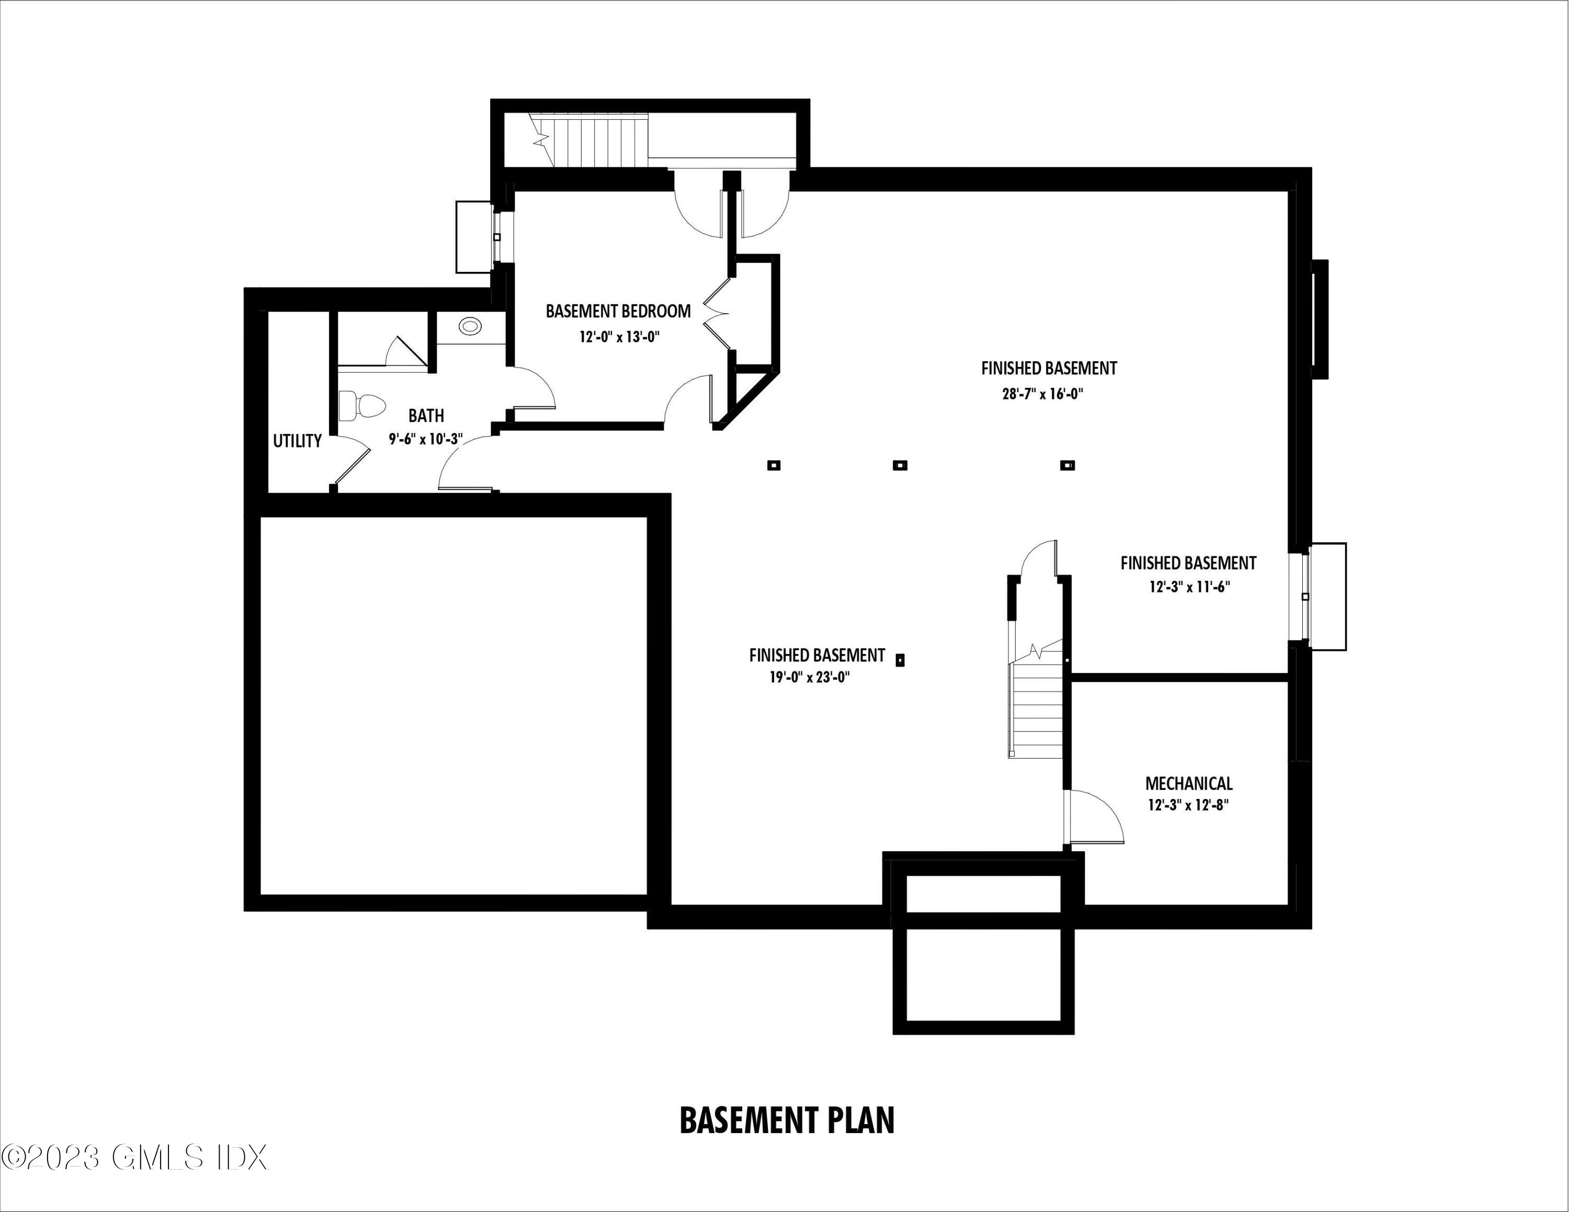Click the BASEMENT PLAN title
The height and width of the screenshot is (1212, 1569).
click(x=787, y=1119)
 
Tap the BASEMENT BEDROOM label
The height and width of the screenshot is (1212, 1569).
click(x=618, y=311)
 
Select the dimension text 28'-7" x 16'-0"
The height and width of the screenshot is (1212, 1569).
click(x=1042, y=394)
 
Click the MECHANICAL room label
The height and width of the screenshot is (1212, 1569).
click(x=1189, y=783)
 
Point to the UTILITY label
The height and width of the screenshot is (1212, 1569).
click(x=297, y=441)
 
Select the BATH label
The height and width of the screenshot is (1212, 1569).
click(x=426, y=416)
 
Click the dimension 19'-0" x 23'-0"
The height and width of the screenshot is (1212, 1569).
click(x=810, y=677)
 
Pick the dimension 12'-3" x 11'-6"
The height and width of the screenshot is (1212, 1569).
click(x=1189, y=587)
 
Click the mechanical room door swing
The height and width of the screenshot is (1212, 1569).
click(x=1096, y=818)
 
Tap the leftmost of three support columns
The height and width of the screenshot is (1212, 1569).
click(x=774, y=465)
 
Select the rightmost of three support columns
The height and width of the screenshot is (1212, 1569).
click(x=1067, y=465)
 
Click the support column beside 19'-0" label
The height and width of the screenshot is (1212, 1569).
click(x=900, y=660)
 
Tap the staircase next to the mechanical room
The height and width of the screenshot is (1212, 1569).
click(x=1036, y=707)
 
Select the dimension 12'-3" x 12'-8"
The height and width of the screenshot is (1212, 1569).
click(x=1188, y=805)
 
